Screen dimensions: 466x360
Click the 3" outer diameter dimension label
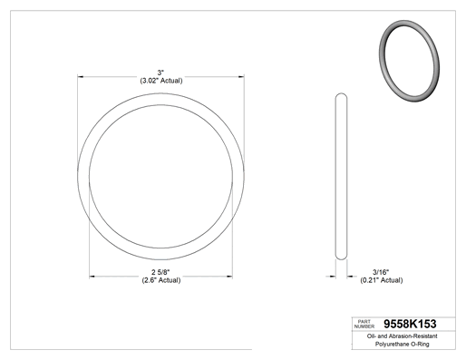tap(160, 73)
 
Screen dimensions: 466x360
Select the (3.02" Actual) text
tap(161, 81)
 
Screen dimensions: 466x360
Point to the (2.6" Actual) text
tap(161, 280)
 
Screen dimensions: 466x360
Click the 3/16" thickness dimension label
tap(381, 272)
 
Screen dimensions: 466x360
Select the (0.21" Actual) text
tap(382, 280)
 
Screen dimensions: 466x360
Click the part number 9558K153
tap(410, 324)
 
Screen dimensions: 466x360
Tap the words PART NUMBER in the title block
tap(364, 324)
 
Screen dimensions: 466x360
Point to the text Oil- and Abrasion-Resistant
tap(402, 336)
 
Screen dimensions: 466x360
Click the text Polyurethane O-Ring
tap(402, 344)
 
